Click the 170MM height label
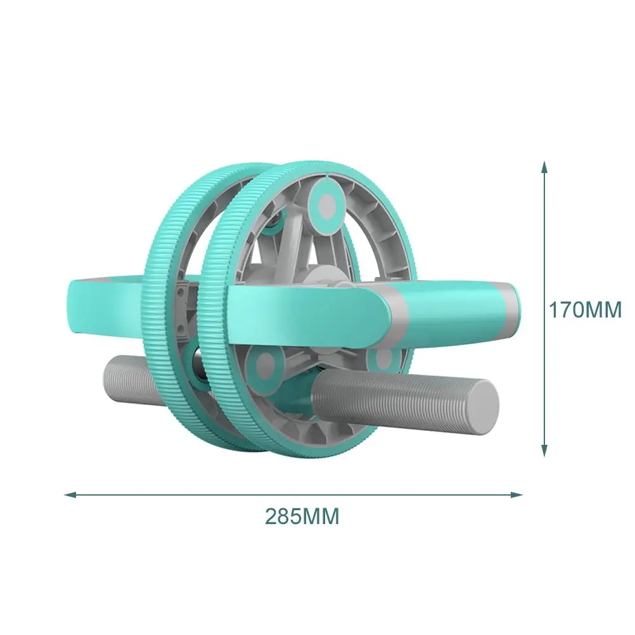585,310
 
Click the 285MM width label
302,516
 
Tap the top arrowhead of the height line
544,167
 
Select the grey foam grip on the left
127,377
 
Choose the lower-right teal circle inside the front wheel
385,360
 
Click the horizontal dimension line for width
190,494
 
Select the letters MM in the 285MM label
322,516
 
